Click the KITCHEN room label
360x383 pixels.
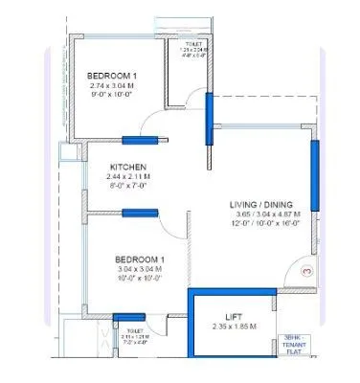click(126, 167)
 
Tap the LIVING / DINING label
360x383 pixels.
click(264, 204)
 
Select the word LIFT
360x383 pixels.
click(234, 316)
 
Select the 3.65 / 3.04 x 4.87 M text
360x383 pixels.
click(264, 214)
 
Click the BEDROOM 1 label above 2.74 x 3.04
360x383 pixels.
click(113, 75)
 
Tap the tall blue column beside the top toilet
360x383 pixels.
click(207, 116)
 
